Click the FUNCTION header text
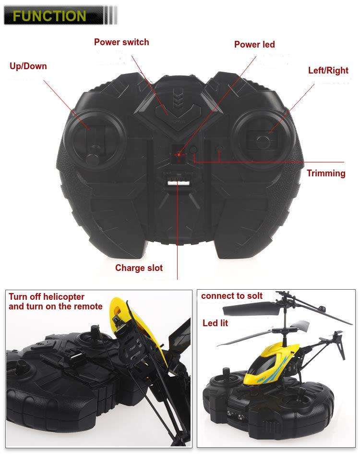pyautogui.click(x=49, y=15)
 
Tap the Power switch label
pyautogui.click(x=121, y=42)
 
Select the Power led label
pyautogui.click(x=254, y=44)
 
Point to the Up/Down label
pyautogui.click(x=28, y=66)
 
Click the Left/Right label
pyautogui.click(x=328, y=71)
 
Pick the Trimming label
pyautogui.click(x=326, y=173)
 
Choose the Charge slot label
pyautogui.click(x=139, y=268)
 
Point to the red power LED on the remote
pyautogui.click(x=178, y=154)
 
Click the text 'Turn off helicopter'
pyautogui.click(x=46, y=296)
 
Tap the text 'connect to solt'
pyautogui.click(x=232, y=295)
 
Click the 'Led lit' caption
pyautogui.click(x=215, y=322)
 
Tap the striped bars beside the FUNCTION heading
pyautogui.click(x=110, y=15)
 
